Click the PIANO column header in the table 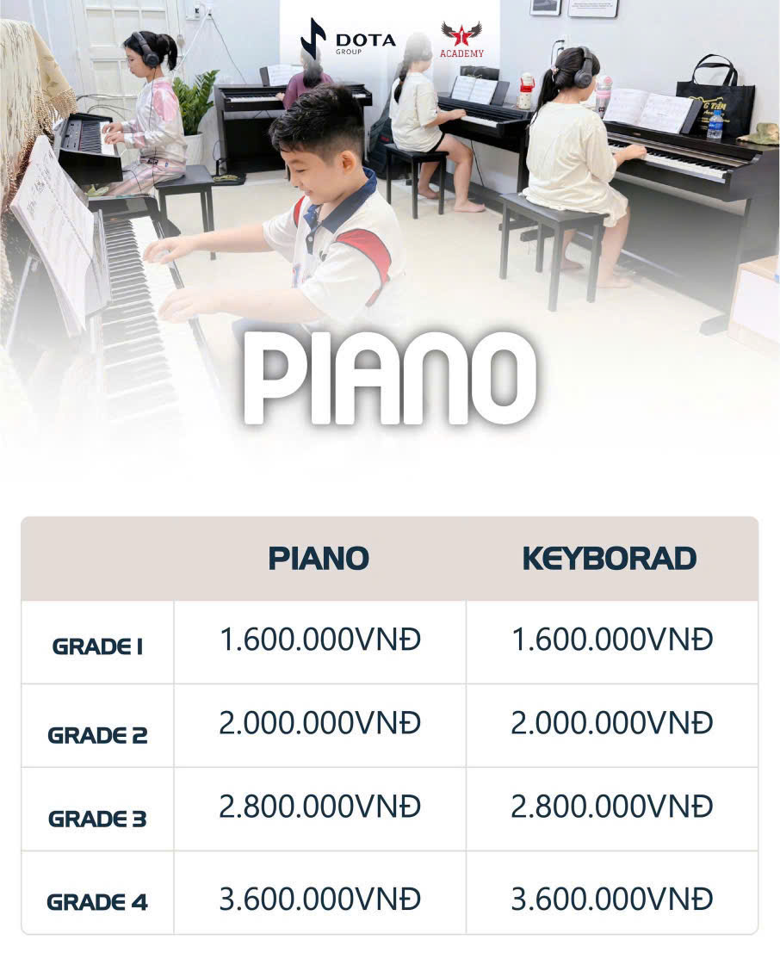coord(319,558)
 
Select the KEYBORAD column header coord(609,558)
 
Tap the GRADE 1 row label coord(97,646)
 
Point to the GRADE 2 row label coord(97,735)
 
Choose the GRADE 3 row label coord(97,819)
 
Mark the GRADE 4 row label coord(97,902)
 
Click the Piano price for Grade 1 coord(319,640)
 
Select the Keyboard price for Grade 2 coord(611,724)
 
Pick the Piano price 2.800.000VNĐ coord(319,807)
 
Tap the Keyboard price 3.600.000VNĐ coord(611,900)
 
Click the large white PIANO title coord(390,376)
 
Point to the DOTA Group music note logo coord(313,39)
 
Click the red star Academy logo coord(461,37)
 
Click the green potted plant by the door coord(195,101)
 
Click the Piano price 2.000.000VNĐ coord(319,724)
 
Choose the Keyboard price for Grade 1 coord(611,640)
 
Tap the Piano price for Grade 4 coord(319,900)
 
